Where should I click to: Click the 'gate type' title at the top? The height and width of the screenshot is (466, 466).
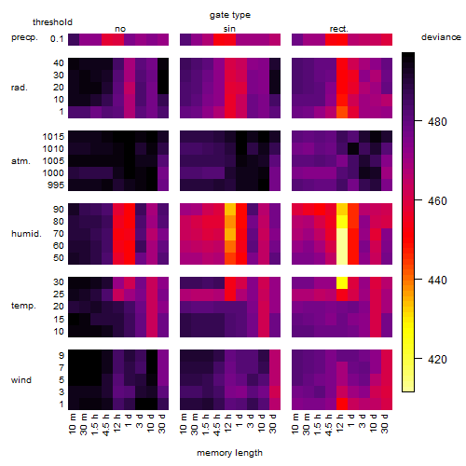pyautogui.click(x=230, y=15)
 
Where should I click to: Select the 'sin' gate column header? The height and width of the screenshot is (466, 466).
pyautogui.click(x=229, y=29)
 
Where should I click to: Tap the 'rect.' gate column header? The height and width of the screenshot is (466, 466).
pyautogui.click(x=339, y=29)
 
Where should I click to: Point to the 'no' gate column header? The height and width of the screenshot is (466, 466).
pyautogui.click(x=120, y=29)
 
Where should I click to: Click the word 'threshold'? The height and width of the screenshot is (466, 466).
pyautogui.click(x=52, y=22)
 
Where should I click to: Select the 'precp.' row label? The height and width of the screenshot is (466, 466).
pyautogui.click(x=24, y=37)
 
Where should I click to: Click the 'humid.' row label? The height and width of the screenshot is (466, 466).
pyautogui.click(x=26, y=234)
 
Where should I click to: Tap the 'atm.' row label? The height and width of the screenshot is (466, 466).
pyautogui.click(x=21, y=161)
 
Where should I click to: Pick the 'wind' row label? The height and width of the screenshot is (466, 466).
pyautogui.click(x=21, y=380)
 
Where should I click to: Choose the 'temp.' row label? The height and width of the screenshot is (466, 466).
pyautogui.click(x=23, y=306)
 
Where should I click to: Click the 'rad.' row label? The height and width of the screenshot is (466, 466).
pyautogui.click(x=20, y=88)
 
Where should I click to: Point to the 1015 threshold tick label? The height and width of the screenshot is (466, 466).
pyautogui.click(x=53, y=137)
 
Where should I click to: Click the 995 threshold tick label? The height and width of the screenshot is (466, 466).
pyautogui.click(x=56, y=185)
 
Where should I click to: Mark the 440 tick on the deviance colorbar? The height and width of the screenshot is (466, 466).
pyautogui.click(x=437, y=281)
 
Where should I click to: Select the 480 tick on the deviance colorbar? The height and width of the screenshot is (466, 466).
pyautogui.click(x=437, y=122)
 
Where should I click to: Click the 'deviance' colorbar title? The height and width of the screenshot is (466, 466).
pyautogui.click(x=441, y=37)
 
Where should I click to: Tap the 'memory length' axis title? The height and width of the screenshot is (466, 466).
pyautogui.click(x=230, y=453)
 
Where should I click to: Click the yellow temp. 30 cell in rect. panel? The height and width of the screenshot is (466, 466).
pyautogui.click(x=342, y=282)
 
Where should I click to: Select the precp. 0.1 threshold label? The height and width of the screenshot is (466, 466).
pyautogui.click(x=57, y=39)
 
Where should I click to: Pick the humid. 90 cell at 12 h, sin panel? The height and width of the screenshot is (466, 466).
pyautogui.click(x=230, y=210)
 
